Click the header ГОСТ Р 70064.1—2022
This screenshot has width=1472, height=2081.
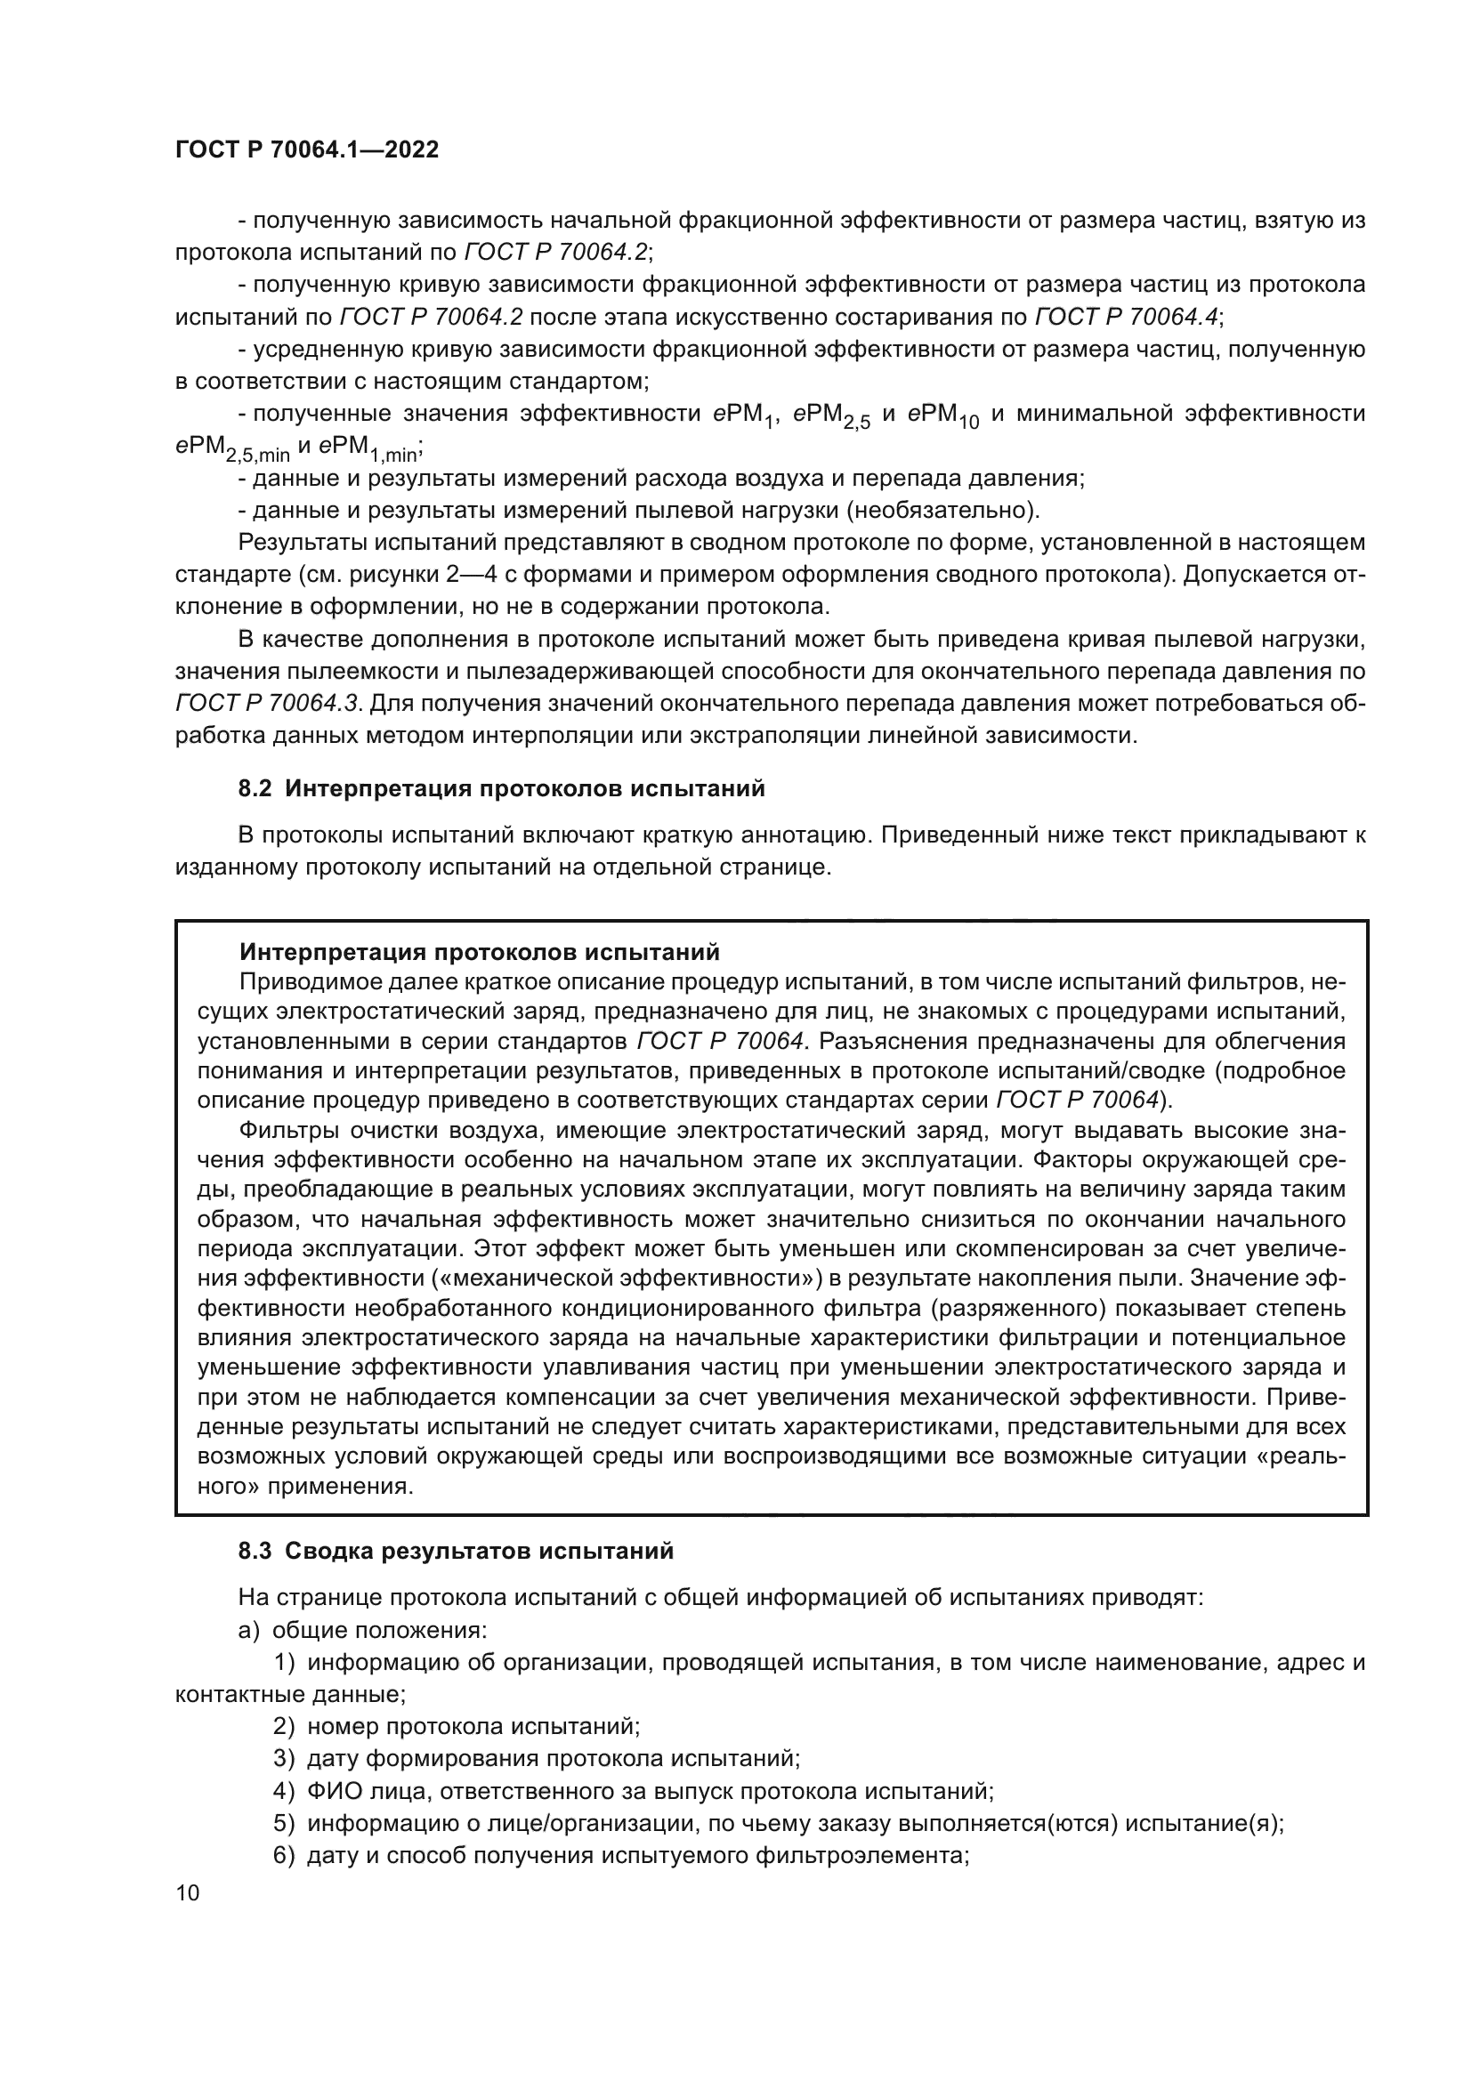[306, 150]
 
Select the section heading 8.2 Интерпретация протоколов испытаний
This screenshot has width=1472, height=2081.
[501, 788]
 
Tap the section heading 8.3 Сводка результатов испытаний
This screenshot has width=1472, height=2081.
[456, 1551]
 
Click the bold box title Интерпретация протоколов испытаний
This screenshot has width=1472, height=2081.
[480, 952]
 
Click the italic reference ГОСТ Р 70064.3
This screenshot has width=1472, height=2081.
[267, 704]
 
